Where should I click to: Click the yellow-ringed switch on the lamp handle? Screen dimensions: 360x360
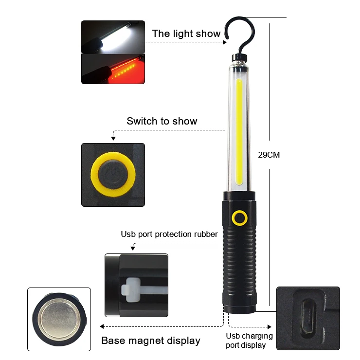coord(239,218)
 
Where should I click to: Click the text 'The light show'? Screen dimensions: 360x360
coord(186,34)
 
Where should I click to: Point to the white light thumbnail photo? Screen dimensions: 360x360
coord(113,37)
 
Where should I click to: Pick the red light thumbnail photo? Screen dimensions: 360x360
coord(113,69)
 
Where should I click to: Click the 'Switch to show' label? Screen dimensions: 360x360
coord(162,121)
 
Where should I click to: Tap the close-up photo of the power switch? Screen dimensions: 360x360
coord(113,175)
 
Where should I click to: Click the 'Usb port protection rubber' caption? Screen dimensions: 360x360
coord(169,234)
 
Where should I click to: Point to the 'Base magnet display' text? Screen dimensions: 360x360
coord(151,341)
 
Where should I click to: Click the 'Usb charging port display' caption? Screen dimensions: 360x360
coord(249,341)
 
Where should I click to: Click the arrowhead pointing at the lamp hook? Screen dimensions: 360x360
coord(225,42)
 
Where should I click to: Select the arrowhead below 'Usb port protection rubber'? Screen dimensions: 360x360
coord(133,248)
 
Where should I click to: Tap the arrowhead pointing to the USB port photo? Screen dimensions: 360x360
coord(269,326)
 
